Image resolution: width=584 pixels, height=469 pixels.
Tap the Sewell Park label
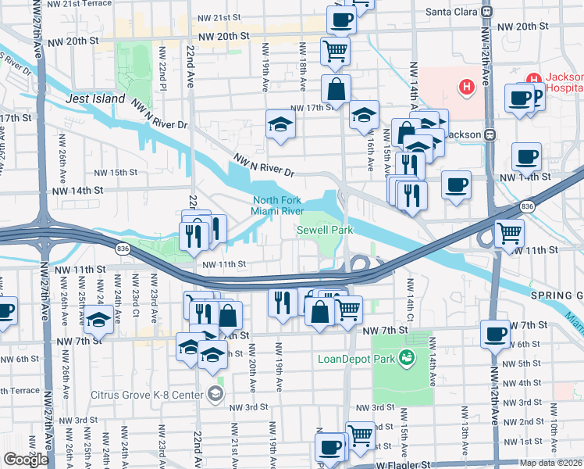click(x=325, y=230)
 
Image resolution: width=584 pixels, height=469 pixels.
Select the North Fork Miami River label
click(x=277, y=206)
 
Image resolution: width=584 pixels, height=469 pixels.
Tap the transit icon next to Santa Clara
click(x=486, y=12)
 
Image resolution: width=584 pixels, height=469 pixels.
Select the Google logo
click(x=25, y=460)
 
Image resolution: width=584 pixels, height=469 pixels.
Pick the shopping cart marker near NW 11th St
click(x=509, y=232)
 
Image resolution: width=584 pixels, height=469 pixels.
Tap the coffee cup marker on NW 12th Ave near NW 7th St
click(x=494, y=334)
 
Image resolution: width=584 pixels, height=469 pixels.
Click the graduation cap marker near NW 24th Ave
click(x=98, y=319)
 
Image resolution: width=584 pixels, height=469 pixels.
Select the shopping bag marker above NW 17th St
click(x=335, y=89)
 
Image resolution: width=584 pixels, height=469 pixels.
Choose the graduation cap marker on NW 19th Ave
click(x=280, y=124)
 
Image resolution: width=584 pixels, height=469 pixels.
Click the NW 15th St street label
click(x=116, y=172)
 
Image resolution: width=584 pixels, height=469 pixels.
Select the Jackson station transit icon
click(x=490, y=134)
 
